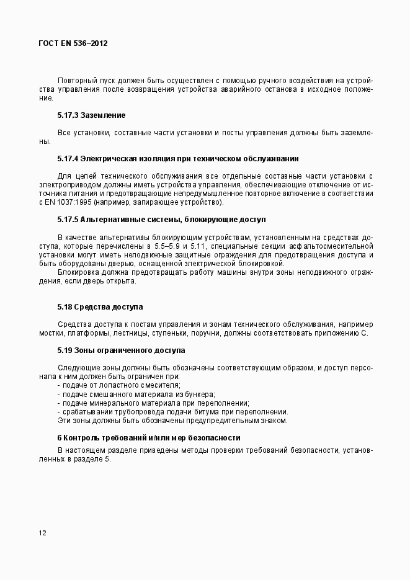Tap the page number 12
pos(42,533)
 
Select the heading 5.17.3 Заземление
pos(91,115)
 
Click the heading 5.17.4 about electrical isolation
pos(178,158)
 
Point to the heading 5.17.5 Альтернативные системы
pos(162,220)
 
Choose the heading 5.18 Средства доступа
pos(100,307)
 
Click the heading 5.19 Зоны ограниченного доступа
pos(122,350)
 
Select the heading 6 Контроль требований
pos(149,438)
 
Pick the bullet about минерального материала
pos(153,403)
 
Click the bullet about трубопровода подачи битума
pos(172,411)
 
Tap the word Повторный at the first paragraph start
pos(77,80)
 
